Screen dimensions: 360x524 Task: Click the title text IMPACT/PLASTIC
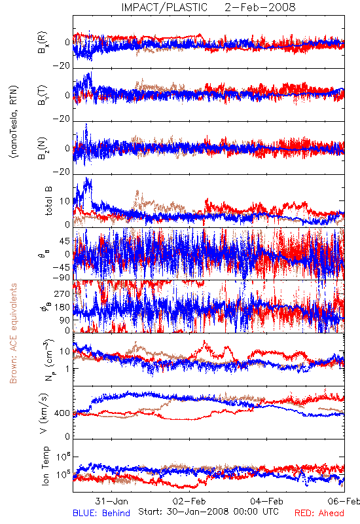click(x=164, y=7)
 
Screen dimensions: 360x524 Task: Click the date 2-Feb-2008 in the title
click(x=260, y=7)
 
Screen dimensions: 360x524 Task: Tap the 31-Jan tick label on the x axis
click(x=111, y=501)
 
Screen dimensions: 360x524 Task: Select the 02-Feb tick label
click(x=189, y=501)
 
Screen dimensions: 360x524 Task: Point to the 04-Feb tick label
click(x=266, y=501)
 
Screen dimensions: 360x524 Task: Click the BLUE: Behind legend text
click(x=101, y=513)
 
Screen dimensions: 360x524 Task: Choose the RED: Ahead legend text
click(x=319, y=513)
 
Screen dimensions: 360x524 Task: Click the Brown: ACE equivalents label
click(x=13, y=333)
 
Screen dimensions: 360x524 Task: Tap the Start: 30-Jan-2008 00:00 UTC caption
click(x=208, y=512)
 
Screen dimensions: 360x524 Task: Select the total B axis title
click(x=48, y=200)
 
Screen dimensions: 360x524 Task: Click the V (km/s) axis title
click(x=44, y=413)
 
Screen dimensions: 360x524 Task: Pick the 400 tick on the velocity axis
click(x=62, y=413)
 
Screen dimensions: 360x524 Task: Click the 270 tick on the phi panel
click(x=62, y=293)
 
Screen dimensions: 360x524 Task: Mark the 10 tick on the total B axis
click(x=65, y=201)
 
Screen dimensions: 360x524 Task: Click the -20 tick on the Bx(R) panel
click(x=62, y=66)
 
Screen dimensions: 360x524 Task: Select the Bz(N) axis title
click(x=43, y=148)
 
